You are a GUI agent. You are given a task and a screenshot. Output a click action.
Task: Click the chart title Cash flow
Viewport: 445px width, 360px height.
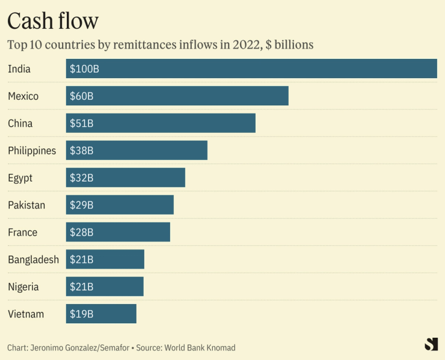52,21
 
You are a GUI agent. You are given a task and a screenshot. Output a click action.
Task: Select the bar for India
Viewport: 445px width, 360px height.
251,69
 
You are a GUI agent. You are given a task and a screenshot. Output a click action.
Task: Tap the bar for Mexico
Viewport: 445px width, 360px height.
177,96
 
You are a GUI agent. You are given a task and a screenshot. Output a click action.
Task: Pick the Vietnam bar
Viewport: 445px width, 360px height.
101,314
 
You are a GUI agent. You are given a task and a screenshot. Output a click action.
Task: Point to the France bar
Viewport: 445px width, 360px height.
118,232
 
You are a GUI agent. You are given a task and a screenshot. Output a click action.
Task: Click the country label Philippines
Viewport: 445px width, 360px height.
32,151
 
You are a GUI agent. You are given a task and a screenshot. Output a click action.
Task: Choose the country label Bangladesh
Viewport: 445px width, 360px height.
33,260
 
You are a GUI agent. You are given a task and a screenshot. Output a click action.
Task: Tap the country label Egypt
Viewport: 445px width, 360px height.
20,178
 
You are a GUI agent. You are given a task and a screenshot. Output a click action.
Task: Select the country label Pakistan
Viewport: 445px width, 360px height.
26,205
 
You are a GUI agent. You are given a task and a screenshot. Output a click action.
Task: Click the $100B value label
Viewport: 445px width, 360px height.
84,69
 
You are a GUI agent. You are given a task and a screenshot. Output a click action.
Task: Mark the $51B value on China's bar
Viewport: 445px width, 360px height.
82,124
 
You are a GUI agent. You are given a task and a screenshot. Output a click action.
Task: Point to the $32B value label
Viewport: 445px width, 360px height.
82,178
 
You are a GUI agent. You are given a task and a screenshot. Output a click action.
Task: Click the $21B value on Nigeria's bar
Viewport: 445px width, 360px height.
82,287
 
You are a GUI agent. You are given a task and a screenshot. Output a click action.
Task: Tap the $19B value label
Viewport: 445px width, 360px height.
82,314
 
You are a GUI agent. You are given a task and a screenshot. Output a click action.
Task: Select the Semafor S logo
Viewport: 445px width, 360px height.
431,344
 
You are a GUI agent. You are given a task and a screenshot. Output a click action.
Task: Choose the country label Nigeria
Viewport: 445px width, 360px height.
23,287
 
